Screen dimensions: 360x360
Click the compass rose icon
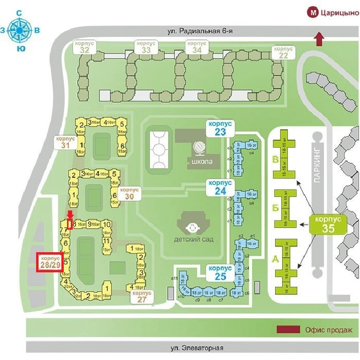(x=19, y=30)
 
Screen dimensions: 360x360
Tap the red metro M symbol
(x=313, y=13)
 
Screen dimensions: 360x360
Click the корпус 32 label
(x=85, y=46)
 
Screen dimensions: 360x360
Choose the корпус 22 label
(x=284, y=52)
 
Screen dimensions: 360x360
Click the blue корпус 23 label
(x=220, y=128)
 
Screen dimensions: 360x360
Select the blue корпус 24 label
(x=220, y=187)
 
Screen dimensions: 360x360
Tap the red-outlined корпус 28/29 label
(x=49, y=262)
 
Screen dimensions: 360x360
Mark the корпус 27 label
(x=142, y=296)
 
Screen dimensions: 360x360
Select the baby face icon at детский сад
(x=192, y=228)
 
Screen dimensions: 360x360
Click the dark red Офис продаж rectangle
(x=288, y=330)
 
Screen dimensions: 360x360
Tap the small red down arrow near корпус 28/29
(x=70, y=215)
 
